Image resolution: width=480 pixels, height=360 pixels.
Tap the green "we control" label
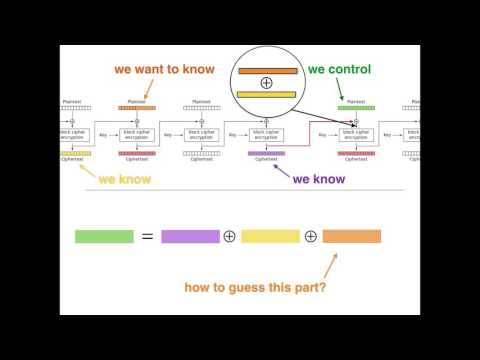(339, 70)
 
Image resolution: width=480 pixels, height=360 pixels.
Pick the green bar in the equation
(104, 237)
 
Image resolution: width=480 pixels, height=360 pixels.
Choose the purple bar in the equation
(190, 237)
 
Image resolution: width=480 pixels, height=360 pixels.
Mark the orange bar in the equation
(352, 237)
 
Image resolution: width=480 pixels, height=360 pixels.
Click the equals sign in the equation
(147, 237)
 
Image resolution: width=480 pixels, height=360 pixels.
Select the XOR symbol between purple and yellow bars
(229, 237)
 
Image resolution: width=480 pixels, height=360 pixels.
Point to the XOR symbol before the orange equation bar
(311, 237)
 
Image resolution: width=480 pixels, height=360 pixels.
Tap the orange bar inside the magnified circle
(267, 70)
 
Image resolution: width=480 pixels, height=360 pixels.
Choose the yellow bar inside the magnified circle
(267, 94)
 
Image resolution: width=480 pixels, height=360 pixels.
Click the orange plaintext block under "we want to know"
(137, 107)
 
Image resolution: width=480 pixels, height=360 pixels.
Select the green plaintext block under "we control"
(355, 107)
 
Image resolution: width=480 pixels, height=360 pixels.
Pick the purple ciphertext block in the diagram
(266, 153)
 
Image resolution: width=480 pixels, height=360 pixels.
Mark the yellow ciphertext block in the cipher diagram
(75, 153)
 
